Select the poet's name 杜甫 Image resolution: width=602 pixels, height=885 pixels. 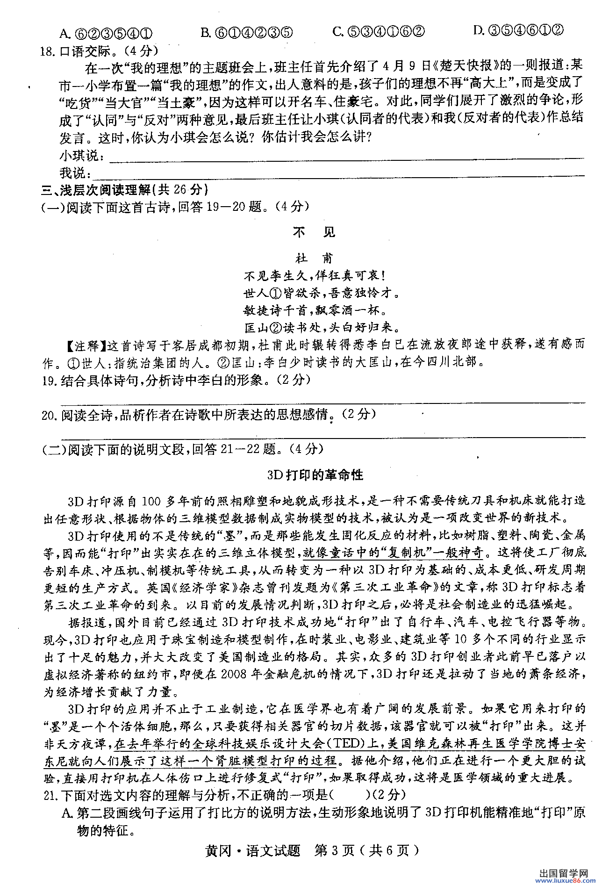[314, 258]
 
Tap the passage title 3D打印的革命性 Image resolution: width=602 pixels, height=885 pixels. [315, 475]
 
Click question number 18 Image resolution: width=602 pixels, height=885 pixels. [47, 51]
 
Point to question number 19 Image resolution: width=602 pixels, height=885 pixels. [49, 381]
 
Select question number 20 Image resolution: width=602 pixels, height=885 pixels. [49, 415]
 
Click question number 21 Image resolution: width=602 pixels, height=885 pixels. [50, 795]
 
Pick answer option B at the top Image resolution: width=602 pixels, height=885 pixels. [246, 32]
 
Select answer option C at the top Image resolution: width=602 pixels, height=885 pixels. [378, 31]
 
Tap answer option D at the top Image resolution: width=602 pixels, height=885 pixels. [518, 30]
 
